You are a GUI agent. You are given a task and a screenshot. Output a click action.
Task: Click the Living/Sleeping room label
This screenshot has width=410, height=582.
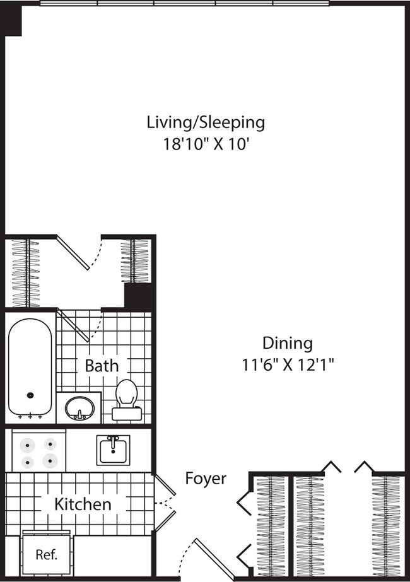click(x=206, y=122)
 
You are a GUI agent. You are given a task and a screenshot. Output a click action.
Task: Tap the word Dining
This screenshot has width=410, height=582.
click(x=288, y=344)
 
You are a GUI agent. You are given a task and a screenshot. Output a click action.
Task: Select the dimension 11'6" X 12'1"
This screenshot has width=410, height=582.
click(x=288, y=364)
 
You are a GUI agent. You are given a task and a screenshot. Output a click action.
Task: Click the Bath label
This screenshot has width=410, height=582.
click(x=101, y=365)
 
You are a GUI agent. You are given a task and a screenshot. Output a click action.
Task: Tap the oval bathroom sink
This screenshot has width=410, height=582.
click(x=79, y=407)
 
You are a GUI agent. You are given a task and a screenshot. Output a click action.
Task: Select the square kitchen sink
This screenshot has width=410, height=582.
click(x=114, y=450)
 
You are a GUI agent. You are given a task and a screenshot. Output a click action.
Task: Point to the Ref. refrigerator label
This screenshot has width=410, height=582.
click(x=46, y=555)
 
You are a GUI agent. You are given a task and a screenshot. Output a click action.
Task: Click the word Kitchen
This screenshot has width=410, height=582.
click(x=83, y=504)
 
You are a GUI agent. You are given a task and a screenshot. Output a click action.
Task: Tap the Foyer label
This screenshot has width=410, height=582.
click(x=206, y=479)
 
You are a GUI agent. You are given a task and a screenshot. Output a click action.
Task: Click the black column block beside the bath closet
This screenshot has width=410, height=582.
click(x=139, y=296)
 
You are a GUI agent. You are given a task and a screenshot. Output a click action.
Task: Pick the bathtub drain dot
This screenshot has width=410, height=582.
click(x=30, y=395)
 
